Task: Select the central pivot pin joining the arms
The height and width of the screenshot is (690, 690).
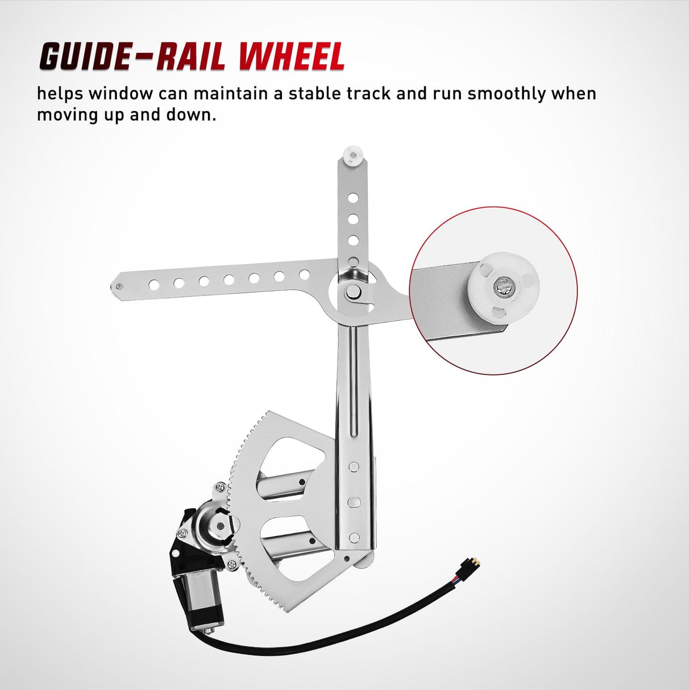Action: tap(353, 291)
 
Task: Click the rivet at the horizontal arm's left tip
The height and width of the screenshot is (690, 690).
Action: tap(119, 286)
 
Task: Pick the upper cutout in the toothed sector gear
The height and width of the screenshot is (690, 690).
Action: tap(293, 455)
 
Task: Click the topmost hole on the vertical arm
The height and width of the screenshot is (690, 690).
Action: tap(353, 197)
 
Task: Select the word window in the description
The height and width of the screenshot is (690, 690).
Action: tap(120, 93)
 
